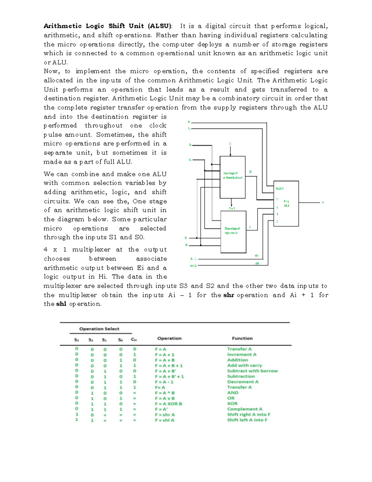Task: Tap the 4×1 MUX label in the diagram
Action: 286,203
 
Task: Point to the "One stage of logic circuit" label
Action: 232,230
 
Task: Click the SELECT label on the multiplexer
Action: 280,188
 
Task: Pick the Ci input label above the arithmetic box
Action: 230,144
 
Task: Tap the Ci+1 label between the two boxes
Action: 232,208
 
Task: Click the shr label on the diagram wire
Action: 257,256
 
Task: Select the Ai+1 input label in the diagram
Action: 193,266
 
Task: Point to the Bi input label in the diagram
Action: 186,238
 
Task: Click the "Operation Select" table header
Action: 99,329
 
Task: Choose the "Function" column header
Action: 242,338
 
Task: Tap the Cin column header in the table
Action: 134,340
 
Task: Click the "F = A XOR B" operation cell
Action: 168,404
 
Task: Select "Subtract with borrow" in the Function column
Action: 252,371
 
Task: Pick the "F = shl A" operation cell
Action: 165,420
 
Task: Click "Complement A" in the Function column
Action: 245,409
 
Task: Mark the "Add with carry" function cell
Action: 244,365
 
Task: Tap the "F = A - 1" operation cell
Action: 164,382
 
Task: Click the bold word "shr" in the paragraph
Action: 228,295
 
